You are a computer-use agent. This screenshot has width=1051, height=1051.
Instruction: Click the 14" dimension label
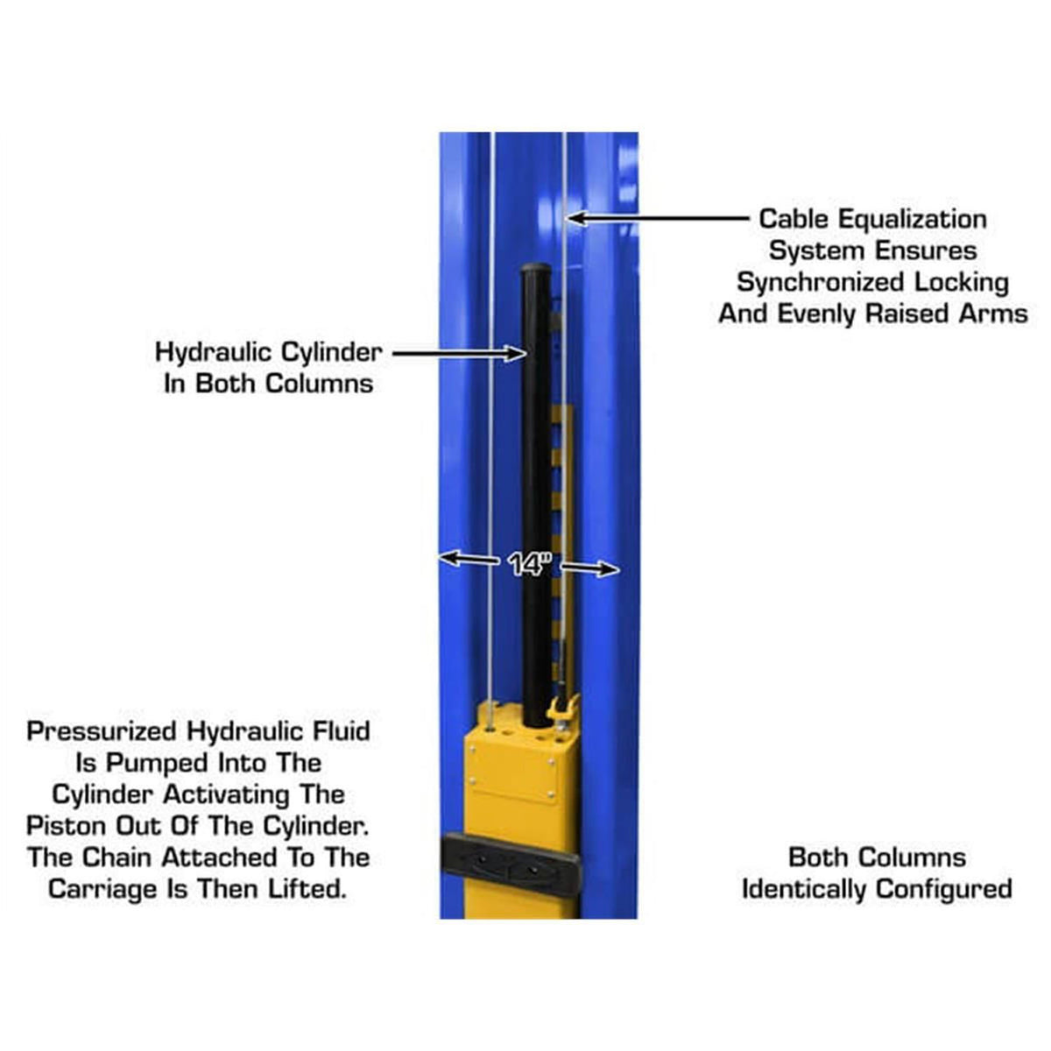click(x=528, y=566)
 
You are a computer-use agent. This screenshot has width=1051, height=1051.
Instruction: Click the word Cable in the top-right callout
click(x=794, y=219)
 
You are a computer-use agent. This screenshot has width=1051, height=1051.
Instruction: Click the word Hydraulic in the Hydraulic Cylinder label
click(x=213, y=353)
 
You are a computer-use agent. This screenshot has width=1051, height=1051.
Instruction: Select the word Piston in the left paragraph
click(x=62, y=826)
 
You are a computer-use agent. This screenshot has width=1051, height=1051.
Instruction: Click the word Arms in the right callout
click(x=991, y=314)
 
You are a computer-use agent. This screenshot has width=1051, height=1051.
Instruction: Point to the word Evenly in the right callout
click(x=823, y=314)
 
